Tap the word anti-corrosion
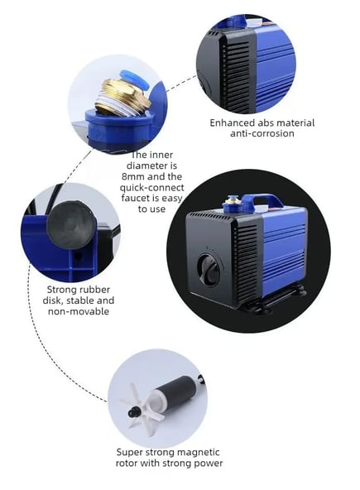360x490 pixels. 262,134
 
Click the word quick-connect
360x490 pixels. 152,188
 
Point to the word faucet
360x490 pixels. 136,198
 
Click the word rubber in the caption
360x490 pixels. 95,290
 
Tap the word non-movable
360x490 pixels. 79,311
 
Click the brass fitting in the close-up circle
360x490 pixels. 123,95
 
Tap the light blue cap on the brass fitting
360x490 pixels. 133,79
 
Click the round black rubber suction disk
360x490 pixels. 71,224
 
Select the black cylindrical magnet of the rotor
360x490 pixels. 177,391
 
